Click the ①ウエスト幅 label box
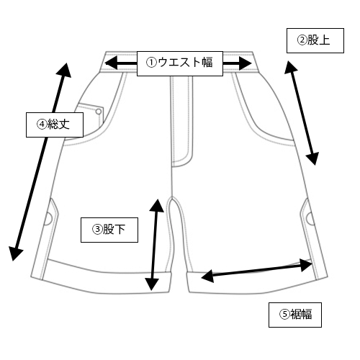(180, 63)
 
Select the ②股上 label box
(315, 40)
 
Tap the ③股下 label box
(109, 230)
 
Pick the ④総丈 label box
(55, 125)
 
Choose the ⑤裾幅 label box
(295, 315)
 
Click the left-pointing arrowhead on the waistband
(111, 63)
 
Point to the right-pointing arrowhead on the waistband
(245, 63)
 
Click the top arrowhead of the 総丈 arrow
(66, 70)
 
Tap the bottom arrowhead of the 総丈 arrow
(15, 254)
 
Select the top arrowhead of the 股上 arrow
(291, 67)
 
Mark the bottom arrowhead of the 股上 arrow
(313, 158)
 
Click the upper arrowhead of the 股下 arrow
(157, 205)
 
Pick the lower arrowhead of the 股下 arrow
(152, 284)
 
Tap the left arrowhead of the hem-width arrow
(207, 276)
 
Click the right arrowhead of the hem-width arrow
(306, 265)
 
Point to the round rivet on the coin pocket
(99, 112)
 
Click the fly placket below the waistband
(181, 121)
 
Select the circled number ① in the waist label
(151, 63)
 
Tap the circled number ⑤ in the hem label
(284, 314)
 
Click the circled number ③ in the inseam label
(97, 229)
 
